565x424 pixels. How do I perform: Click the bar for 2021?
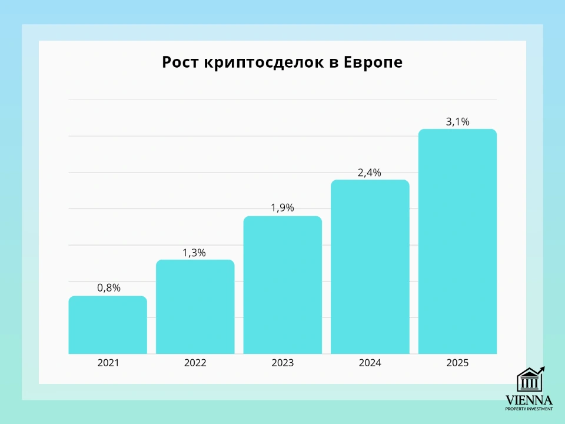click(x=108, y=325)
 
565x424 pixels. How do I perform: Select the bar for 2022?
click(x=195, y=307)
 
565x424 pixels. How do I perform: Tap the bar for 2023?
click(x=282, y=285)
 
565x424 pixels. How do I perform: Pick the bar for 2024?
click(x=370, y=267)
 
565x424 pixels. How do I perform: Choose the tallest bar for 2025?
click(x=457, y=241)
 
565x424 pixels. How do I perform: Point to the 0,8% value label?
click(x=108, y=288)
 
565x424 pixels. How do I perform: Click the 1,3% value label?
click(x=195, y=253)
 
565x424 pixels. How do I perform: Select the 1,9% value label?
click(x=282, y=208)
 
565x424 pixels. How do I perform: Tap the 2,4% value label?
click(x=370, y=173)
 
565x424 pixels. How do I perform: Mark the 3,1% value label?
click(x=457, y=122)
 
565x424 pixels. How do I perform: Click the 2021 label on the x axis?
click(x=108, y=363)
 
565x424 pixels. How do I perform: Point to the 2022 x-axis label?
click(x=195, y=363)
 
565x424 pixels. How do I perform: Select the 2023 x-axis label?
click(x=282, y=363)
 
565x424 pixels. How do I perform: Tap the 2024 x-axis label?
click(x=370, y=363)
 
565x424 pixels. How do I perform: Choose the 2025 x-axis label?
click(x=457, y=363)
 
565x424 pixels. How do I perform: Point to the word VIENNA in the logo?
click(x=529, y=400)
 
